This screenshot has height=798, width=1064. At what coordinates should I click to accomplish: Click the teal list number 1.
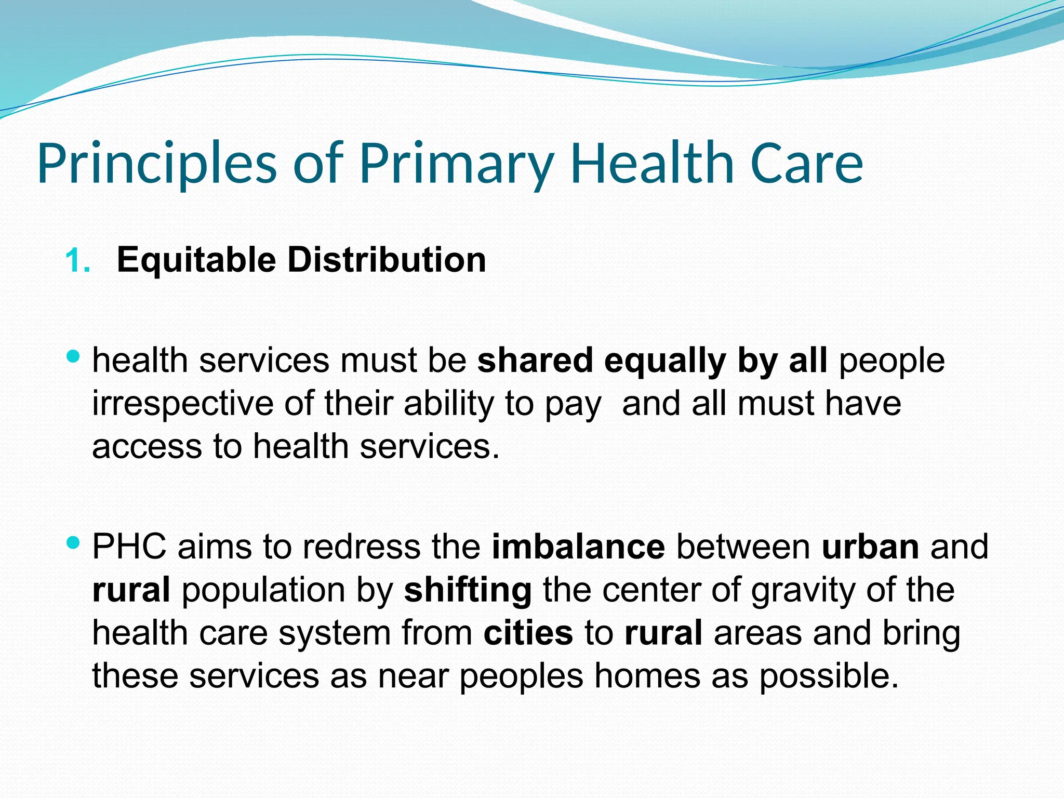point(77,261)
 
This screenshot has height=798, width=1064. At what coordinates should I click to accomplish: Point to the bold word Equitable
point(196,260)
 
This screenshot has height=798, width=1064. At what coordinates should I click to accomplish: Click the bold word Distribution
point(387,260)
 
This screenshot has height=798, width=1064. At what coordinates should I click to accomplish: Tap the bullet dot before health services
point(73,357)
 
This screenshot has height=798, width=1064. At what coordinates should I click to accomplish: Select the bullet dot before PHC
point(73,543)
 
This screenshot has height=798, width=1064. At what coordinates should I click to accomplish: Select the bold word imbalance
point(578,547)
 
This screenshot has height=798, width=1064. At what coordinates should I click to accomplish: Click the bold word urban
point(870,547)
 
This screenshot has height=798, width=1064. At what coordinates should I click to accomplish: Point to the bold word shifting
point(468,591)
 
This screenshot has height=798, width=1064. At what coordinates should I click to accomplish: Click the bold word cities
point(528,633)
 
